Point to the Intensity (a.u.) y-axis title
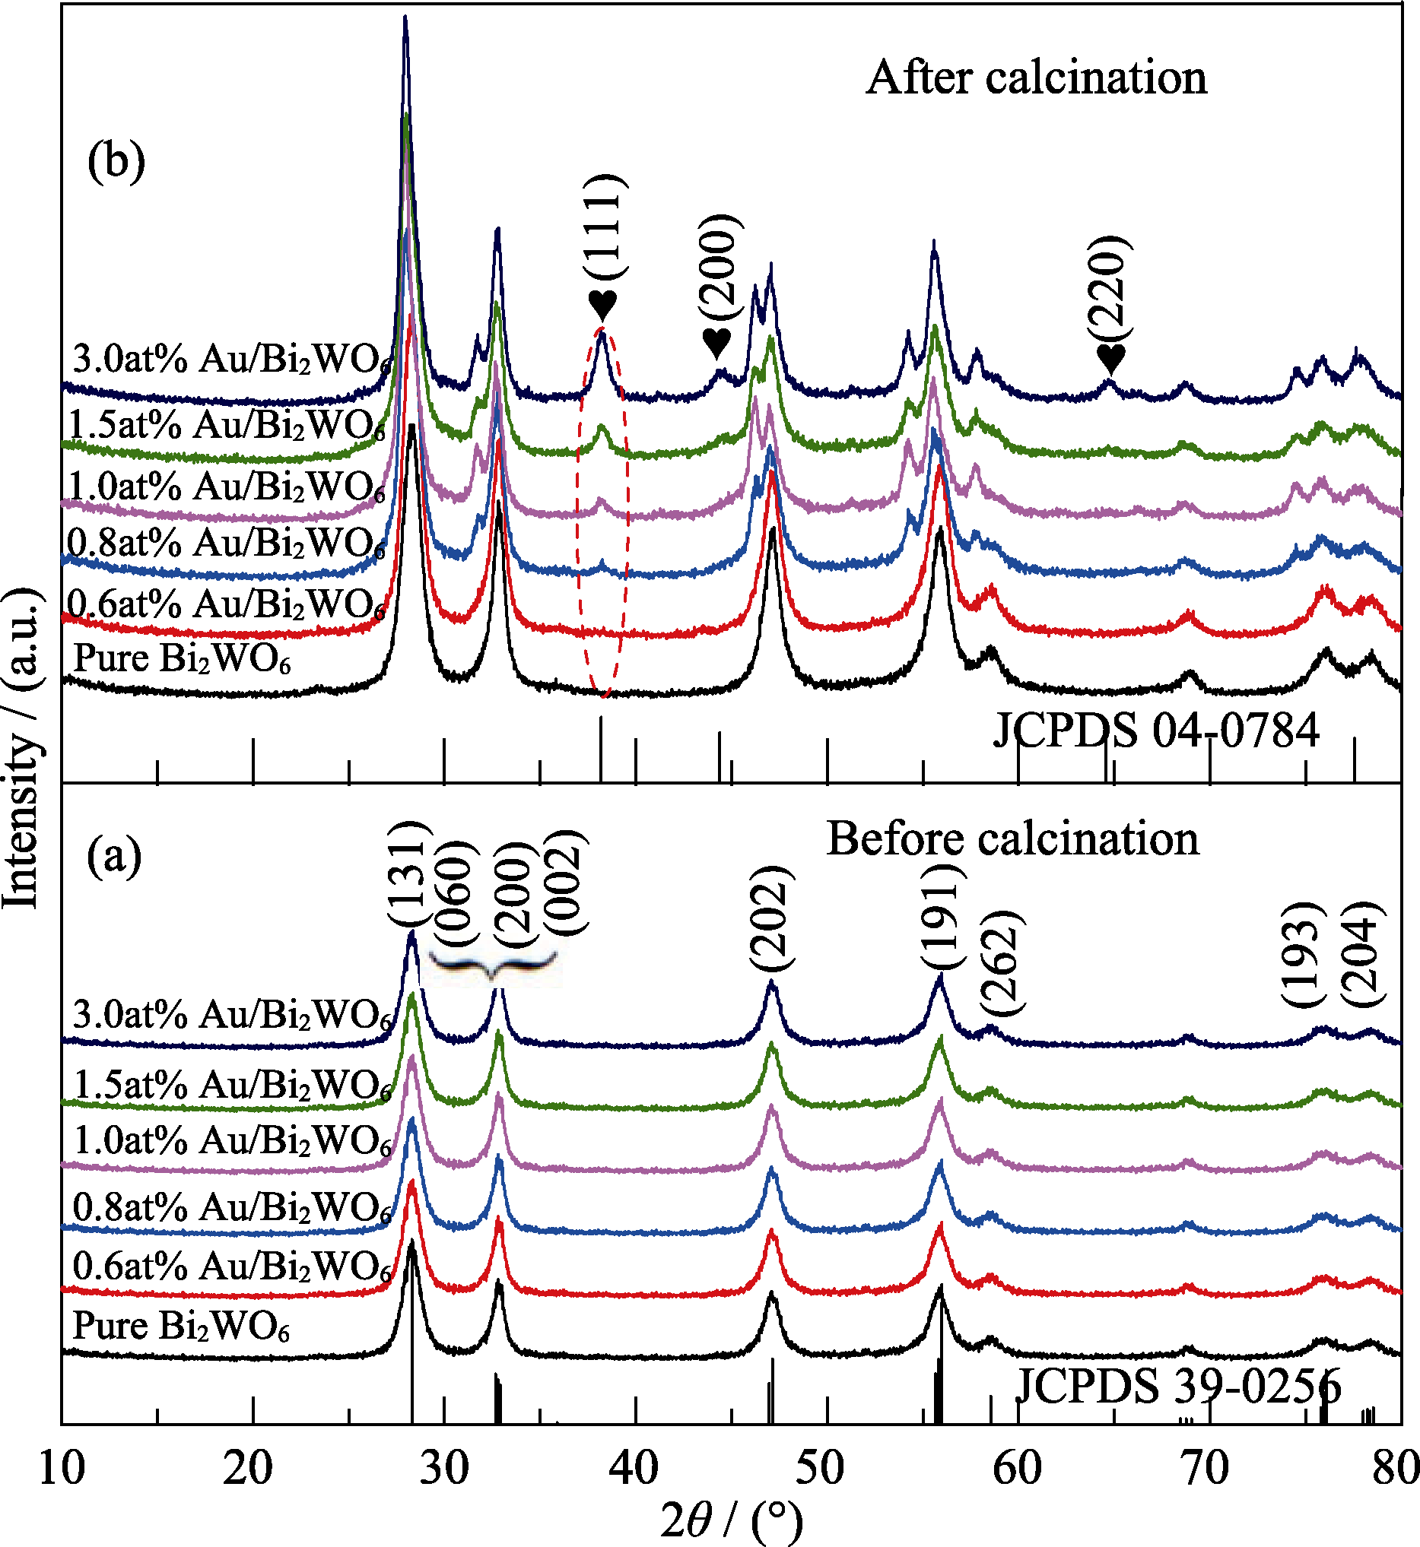(21, 749)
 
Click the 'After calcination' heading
(1037, 78)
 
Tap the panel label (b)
(116, 162)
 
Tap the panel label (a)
(115, 857)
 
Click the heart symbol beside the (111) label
(603, 305)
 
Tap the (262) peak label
(1001, 962)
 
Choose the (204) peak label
(1362, 953)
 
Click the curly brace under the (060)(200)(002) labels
(493, 964)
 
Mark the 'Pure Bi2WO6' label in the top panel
(182, 659)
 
